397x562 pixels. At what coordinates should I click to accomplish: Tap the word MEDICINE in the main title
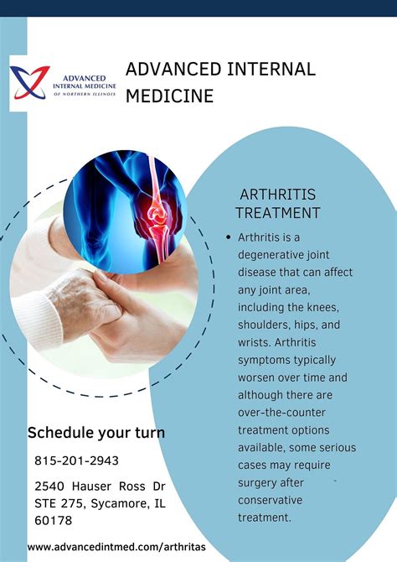tap(170, 96)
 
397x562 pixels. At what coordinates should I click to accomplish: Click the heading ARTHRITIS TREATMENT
tap(278, 204)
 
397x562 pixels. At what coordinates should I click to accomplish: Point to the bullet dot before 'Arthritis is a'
tap(228, 237)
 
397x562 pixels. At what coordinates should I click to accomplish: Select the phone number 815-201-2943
tap(77, 461)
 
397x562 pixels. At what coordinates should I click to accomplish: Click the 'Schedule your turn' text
tap(96, 434)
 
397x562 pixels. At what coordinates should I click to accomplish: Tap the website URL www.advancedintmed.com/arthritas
tap(116, 547)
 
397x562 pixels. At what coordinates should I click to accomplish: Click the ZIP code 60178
tap(54, 520)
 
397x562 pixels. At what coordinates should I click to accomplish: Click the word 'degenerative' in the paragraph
tap(276, 255)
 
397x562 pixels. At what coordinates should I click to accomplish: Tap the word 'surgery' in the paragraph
tap(261, 482)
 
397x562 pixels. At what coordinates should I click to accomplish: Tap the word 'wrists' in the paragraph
tap(255, 342)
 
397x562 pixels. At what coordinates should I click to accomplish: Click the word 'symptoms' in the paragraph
tap(269, 360)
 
